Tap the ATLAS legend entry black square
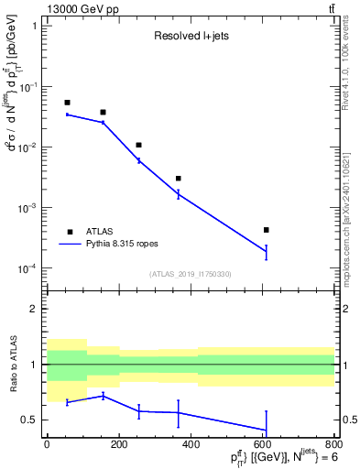69,232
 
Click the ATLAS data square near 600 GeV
266,230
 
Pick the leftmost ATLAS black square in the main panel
67,103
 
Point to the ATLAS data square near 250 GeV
138,145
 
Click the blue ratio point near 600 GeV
266,430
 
